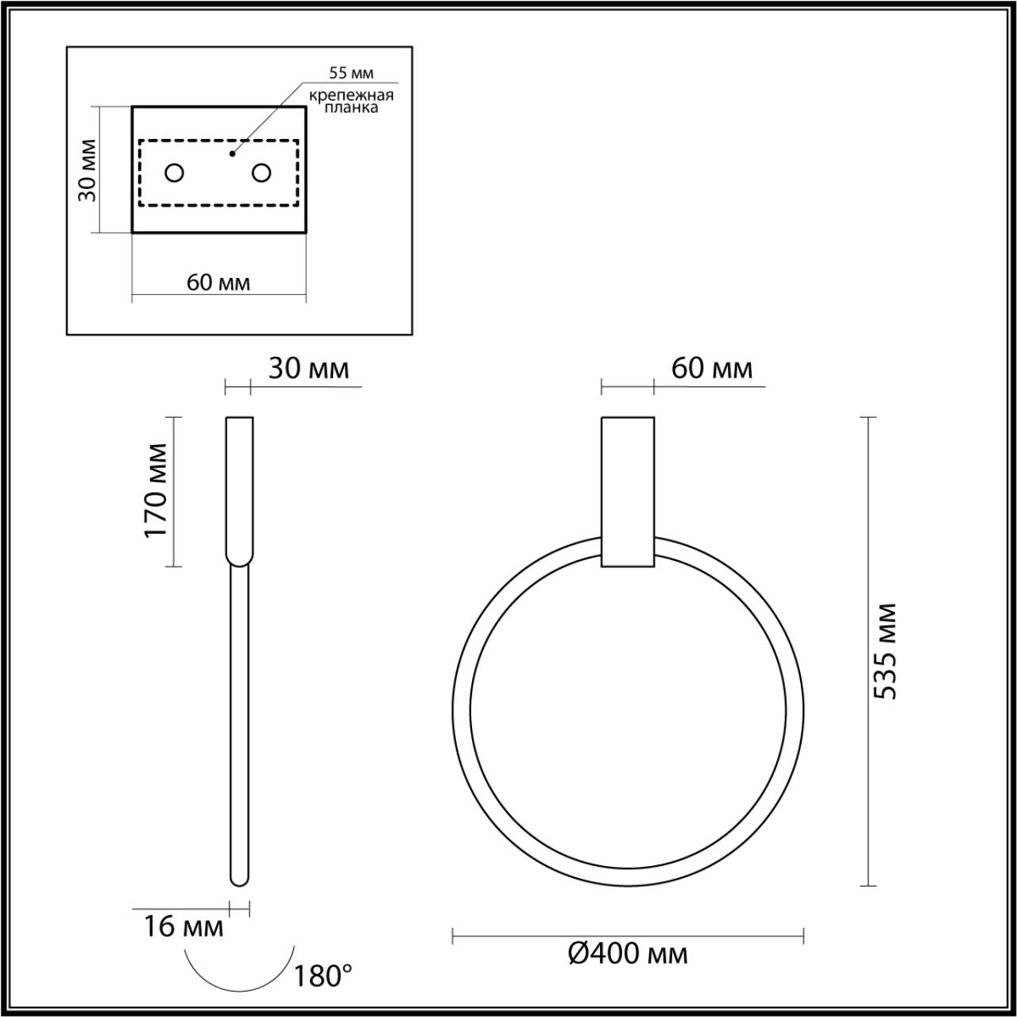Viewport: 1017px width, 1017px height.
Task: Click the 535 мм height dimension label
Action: click(885, 652)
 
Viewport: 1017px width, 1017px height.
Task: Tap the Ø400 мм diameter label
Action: click(628, 953)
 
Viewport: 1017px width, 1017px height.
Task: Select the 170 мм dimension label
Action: click(157, 490)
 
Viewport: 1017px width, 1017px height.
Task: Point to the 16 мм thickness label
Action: click(184, 926)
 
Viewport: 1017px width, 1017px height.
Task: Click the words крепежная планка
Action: click(353, 102)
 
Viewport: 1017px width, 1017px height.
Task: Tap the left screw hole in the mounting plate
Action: click(174, 172)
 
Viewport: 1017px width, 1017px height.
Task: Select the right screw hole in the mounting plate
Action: click(261, 172)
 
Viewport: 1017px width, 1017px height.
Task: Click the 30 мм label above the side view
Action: click(307, 369)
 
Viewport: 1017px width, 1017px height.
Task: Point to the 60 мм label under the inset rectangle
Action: click(218, 282)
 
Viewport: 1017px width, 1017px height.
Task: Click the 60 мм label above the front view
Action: click(711, 369)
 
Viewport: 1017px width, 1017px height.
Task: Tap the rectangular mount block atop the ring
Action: click(628, 491)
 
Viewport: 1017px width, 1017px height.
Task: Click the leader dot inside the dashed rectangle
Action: click(232, 153)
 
